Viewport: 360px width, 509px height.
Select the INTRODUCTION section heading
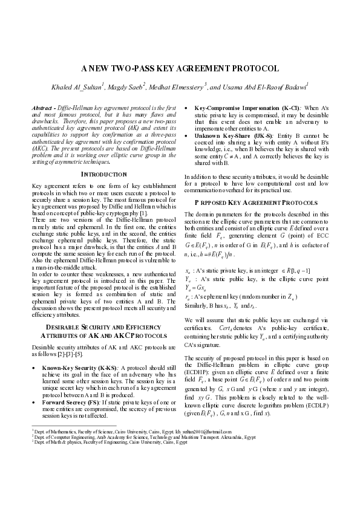[104, 174]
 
